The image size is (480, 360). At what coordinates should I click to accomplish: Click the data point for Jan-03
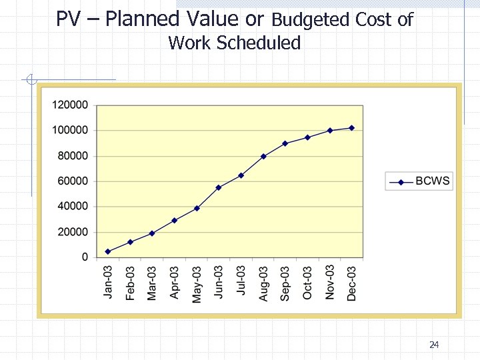coord(108,251)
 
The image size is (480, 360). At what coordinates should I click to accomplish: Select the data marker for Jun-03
coord(219,187)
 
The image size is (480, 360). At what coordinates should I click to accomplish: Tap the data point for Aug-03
coord(263,157)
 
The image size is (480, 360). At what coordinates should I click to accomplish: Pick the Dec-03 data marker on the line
coord(351,128)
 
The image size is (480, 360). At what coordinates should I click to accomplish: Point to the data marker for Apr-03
coord(174,221)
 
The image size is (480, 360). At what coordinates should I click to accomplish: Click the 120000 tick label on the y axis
coord(70,105)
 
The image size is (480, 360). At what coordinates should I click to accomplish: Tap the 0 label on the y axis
coord(85,257)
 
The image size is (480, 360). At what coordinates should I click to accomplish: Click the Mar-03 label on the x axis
coord(153,283)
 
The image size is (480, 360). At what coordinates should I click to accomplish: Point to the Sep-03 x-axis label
coord(285,283)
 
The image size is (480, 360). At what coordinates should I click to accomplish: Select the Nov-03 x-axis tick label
coord(330,282)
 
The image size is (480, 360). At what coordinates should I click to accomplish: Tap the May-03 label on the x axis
coord(197,284)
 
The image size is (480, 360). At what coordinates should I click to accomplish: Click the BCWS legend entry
coord(433,181)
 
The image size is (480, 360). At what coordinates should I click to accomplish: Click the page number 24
coord(434,345)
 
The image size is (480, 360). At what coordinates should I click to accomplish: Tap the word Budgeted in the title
coord(311,20)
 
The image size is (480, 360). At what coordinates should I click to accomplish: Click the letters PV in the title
coord(67,19)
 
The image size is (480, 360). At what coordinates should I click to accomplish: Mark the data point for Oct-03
coord(307,137)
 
